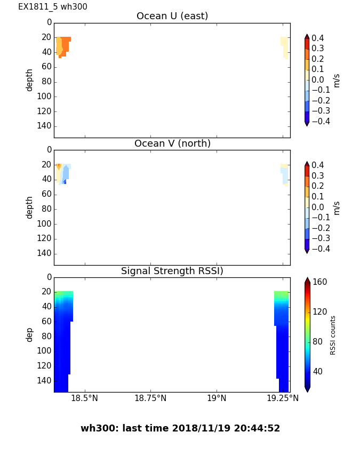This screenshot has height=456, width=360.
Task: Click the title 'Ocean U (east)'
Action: pos(172,17)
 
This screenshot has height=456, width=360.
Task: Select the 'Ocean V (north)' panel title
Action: pos(172,144)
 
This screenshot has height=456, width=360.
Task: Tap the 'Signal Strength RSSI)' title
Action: pos(172,271)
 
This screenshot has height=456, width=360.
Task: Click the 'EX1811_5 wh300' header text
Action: pos(53,7)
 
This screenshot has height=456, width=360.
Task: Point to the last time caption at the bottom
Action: pos(180,428)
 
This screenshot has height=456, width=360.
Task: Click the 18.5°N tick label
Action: pos(85,398)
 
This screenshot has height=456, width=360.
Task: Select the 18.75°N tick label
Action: pos(150,398)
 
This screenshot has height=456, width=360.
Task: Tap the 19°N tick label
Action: pos(217,398)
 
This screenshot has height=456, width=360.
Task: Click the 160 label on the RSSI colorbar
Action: pos(320,282)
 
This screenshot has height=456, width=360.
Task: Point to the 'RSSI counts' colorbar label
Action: pos(333,335)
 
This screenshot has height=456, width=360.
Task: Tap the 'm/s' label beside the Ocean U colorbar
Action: pos(337,80)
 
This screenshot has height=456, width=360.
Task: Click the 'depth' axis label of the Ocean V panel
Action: pos(30,207)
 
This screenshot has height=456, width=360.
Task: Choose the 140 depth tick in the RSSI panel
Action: pos(45,381)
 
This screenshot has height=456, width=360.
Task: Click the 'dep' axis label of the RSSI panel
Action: pos(30,334)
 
